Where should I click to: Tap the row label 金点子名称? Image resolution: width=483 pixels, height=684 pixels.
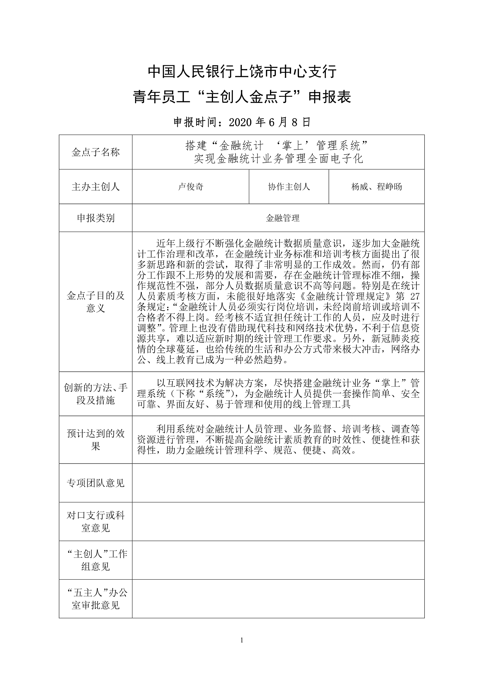click(96, 152)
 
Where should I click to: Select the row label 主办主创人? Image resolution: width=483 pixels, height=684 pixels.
click(96, 187)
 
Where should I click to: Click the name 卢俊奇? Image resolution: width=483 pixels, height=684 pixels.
click(191, 187)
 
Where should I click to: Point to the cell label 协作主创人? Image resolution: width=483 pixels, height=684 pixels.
click(289, 187)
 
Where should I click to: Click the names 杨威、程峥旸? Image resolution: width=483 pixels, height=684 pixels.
click(376, 187)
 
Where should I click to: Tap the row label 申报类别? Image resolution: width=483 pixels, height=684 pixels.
click(96, 218)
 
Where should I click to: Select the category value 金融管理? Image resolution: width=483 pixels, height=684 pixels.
click(283, 218)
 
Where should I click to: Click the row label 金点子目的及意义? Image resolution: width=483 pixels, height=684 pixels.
click(96, 302)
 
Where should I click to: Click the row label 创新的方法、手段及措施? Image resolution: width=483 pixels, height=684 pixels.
click(96, 394)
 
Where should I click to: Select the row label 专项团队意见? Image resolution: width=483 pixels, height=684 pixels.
click(96, 483)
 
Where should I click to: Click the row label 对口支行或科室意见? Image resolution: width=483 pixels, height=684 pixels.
click(96, 522)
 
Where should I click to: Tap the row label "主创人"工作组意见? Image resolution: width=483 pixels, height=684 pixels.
click(96, 560)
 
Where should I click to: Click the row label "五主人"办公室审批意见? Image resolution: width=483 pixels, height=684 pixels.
click(96, 599)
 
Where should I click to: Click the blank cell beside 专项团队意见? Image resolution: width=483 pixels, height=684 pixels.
click(278, 483)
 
